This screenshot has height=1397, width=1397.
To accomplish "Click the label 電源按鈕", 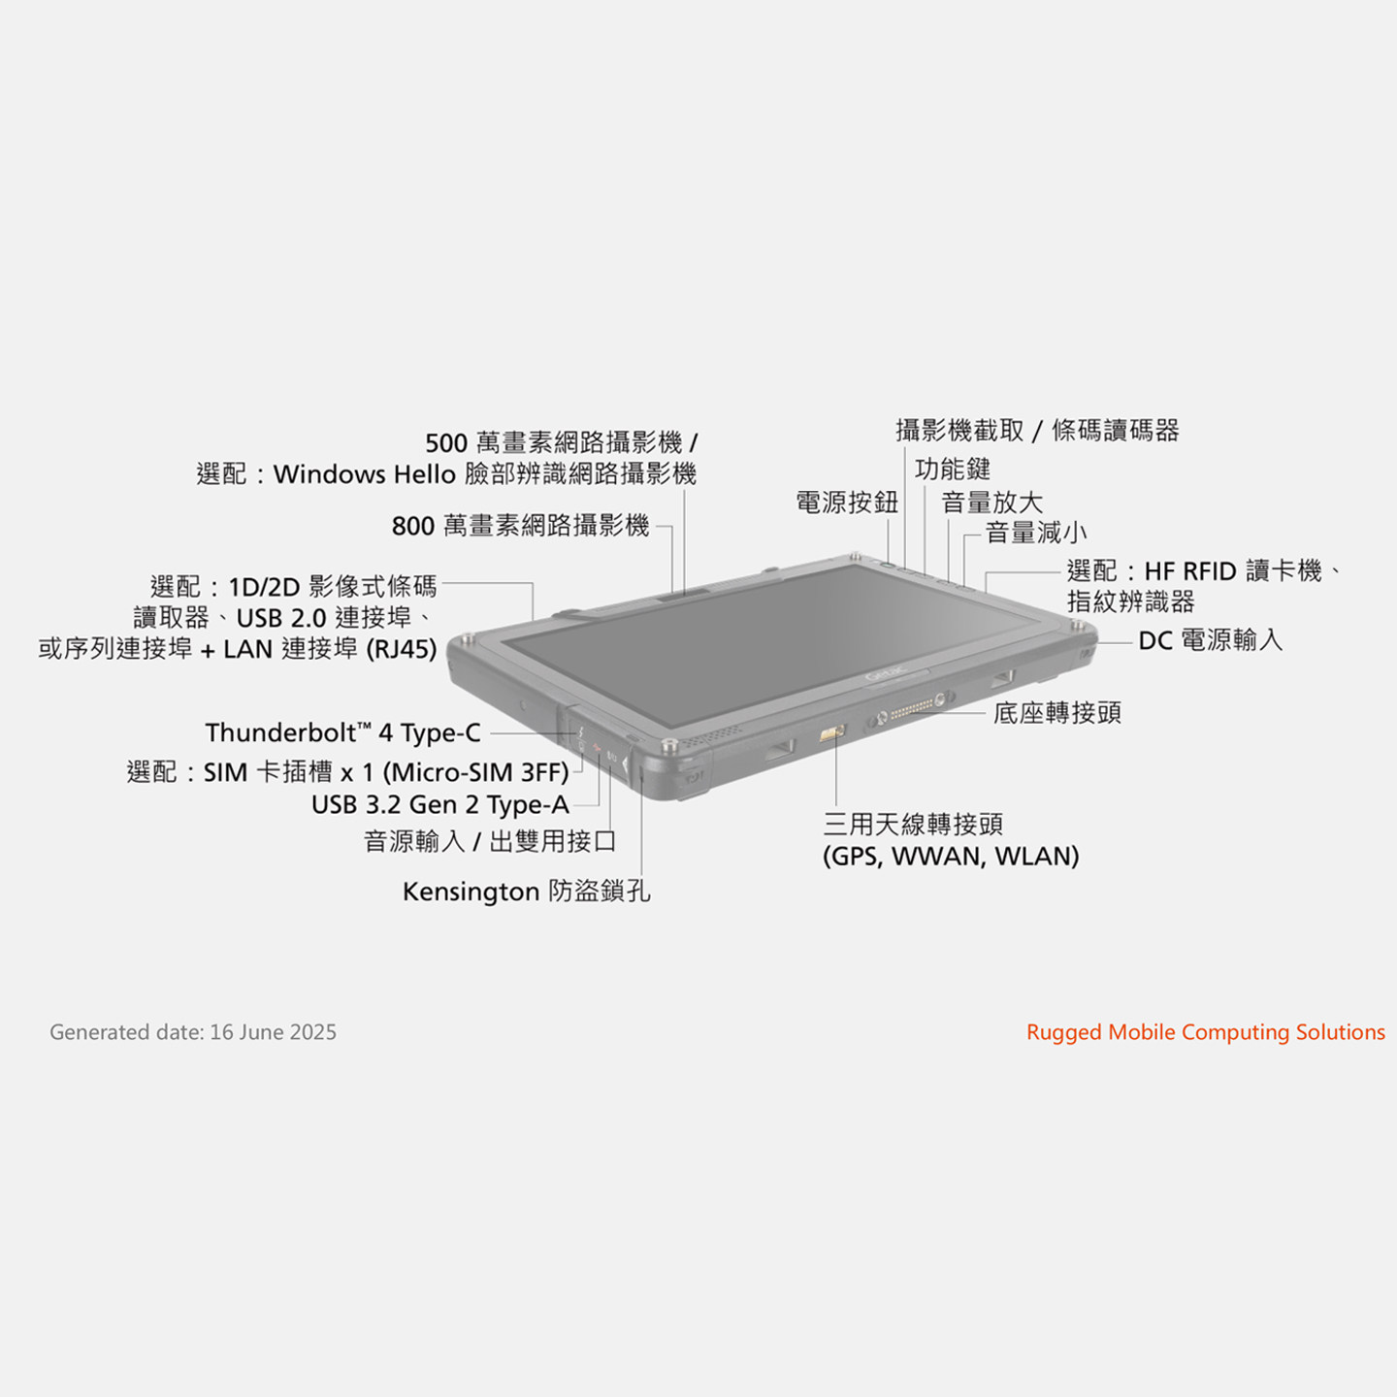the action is tap(847, 502).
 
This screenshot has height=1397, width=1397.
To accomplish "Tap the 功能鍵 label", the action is tap(953, 470).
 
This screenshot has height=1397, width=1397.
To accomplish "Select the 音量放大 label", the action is tap(991, 502).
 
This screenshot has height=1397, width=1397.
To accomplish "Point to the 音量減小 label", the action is tap(1035, 533).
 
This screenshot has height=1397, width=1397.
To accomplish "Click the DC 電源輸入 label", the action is tap(1210, 640).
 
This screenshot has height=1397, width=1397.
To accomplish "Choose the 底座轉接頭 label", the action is tap(1056, 713).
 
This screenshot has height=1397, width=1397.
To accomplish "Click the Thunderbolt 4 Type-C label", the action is tap(342, 732).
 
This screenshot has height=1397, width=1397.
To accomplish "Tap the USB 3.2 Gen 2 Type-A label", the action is tap(439, 804).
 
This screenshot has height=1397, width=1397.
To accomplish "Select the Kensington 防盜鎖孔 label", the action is tap(526, 891).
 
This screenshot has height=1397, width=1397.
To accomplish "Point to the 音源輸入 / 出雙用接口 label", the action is tap(490, 841).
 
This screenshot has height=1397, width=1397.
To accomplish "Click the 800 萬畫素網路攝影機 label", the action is tap(520, 526).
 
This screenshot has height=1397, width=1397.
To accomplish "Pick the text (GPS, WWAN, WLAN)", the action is tap(951, 857).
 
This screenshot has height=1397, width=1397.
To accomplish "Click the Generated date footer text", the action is tap(193, 1032).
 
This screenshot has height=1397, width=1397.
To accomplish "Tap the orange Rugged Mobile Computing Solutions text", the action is tap(1205, 1032).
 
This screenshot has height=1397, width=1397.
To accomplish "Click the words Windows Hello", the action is tap(364, 474).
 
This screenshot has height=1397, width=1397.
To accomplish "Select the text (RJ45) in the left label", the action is tap(401, 649).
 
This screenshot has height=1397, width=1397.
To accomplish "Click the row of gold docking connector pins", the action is tap(912, 710).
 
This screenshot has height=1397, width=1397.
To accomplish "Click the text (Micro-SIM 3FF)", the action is tap(475, 773).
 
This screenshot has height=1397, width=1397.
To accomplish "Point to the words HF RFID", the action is tap(1189, 570).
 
